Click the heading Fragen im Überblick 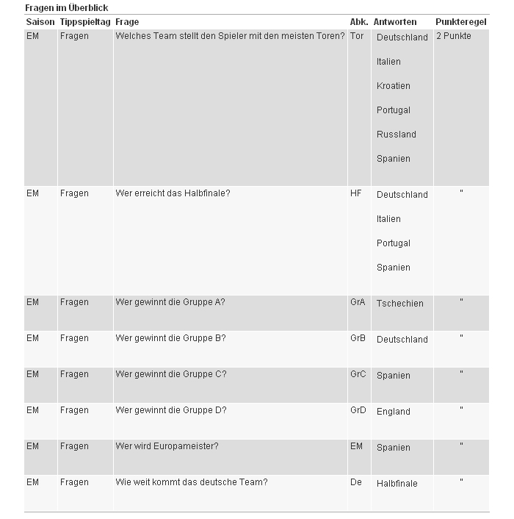pos(67,7)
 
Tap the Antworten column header pos(395,22)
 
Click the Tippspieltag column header pos(85,22)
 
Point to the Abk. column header pos(359,22)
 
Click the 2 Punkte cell pos(454,36)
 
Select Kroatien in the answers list pos(394,86)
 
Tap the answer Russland pos(397,135)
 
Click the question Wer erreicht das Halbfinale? pos(173,193)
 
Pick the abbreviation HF pos(356,193)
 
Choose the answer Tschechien pos(400,303)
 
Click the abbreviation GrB pos(358,338)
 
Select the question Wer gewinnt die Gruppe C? pos(171,374)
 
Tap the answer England pos(394,412)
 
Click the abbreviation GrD pos(358,410)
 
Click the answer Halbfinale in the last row pos(397,484)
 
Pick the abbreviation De pos(356,482)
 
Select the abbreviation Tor pos(357,36)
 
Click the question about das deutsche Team pos(191,482)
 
